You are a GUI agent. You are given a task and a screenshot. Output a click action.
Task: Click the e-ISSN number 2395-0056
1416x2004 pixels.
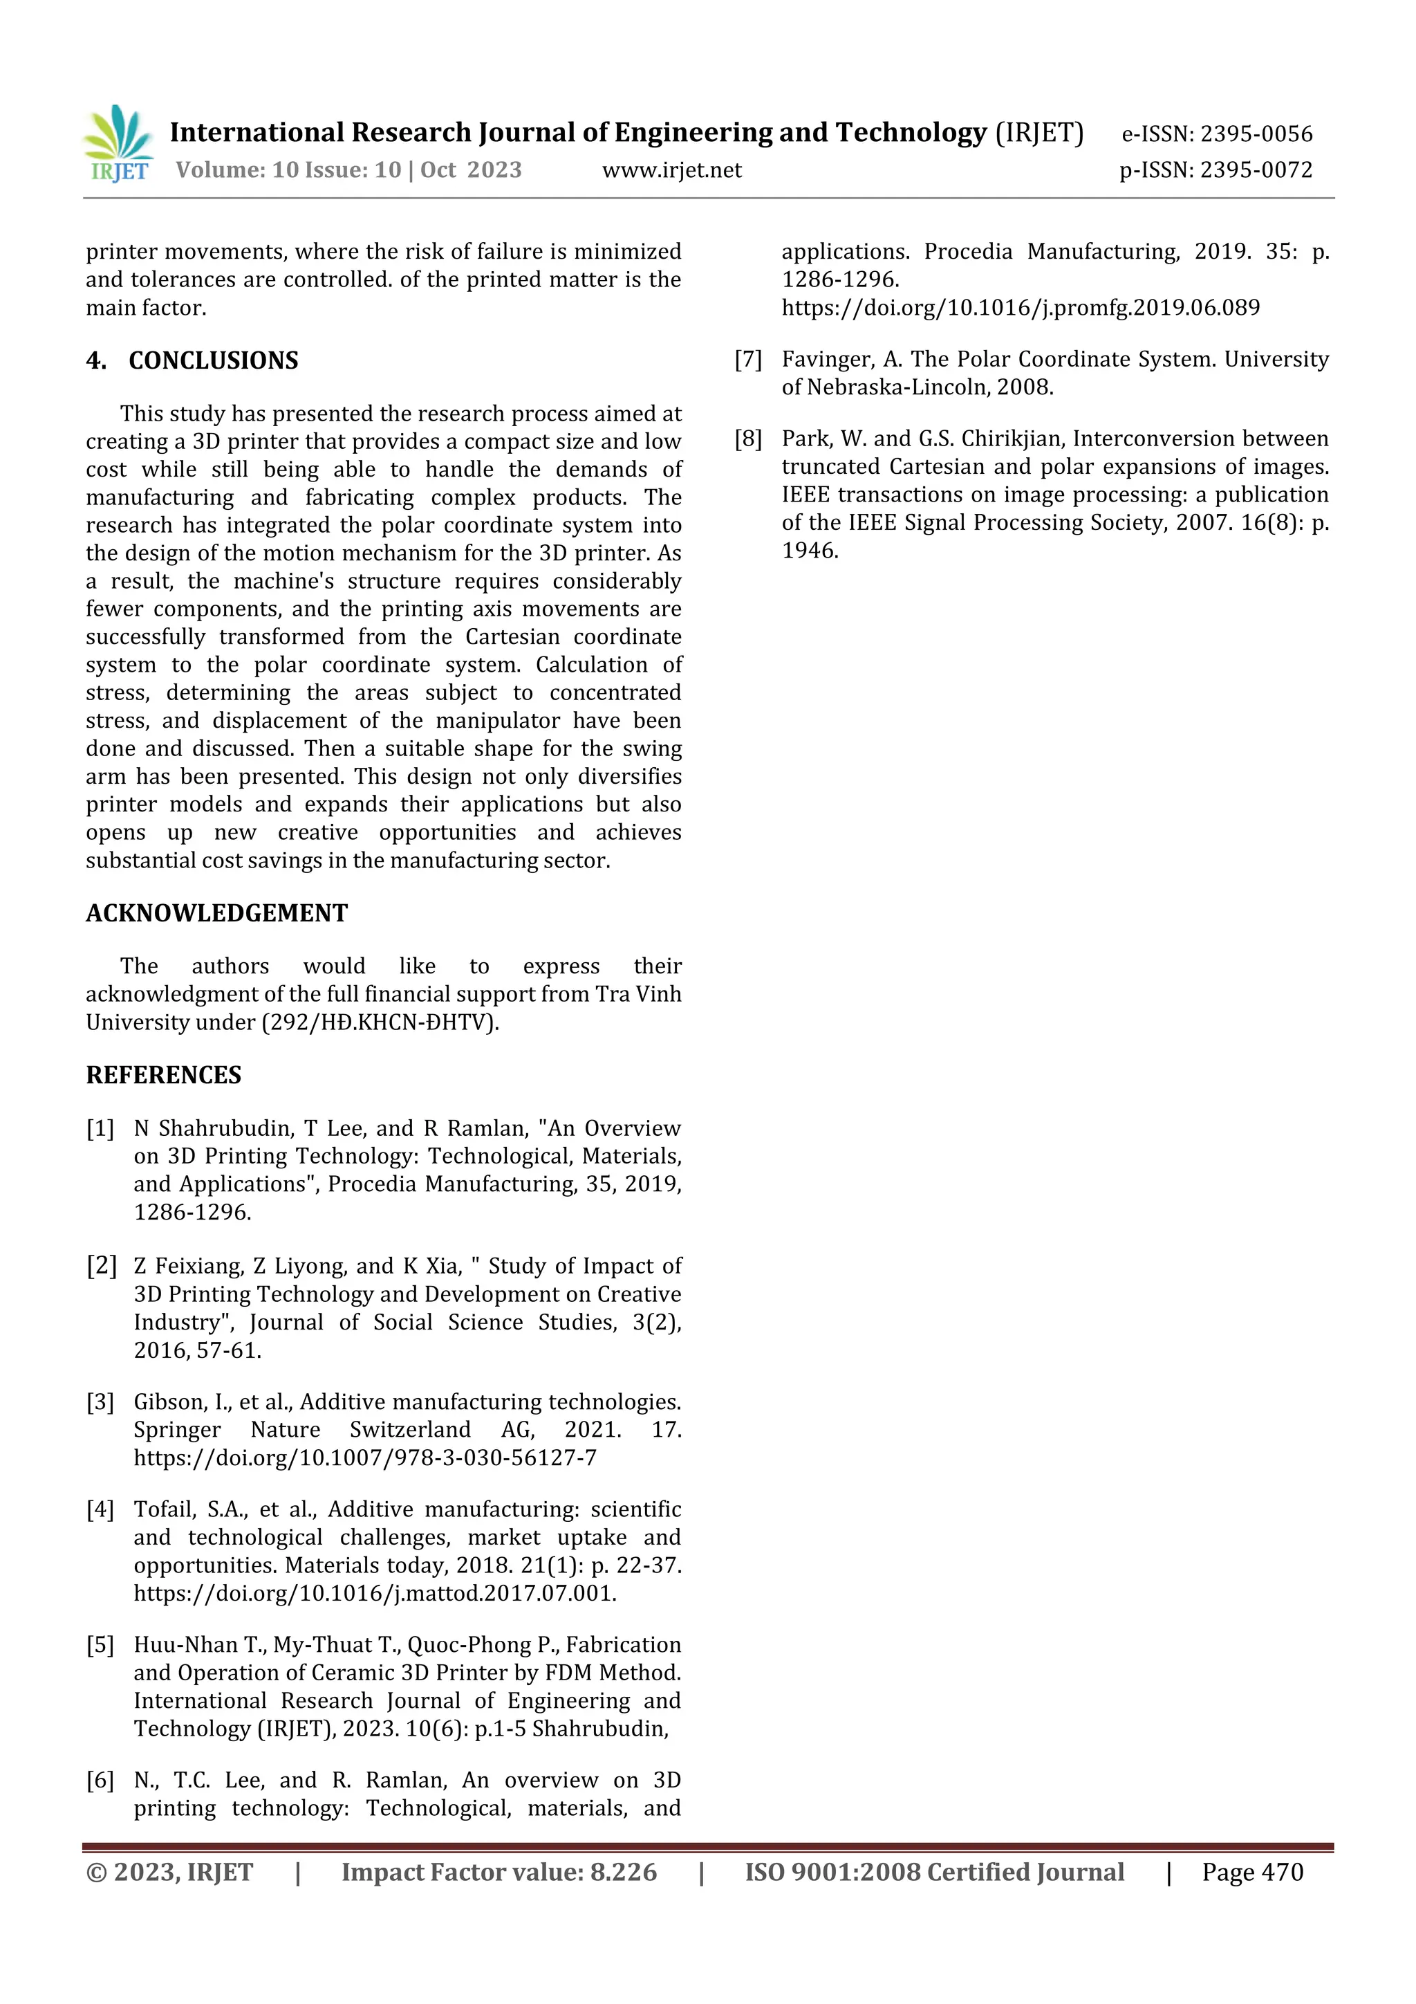point(1256,134)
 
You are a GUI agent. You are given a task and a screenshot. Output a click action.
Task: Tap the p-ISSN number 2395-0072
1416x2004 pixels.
point(1256,170)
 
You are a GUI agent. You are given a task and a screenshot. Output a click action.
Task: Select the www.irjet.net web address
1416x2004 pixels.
point(672,170)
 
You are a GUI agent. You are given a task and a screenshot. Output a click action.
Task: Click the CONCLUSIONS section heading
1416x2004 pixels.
point(213,360)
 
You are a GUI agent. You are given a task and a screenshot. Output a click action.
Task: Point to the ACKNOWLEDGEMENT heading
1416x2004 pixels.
point(216,913)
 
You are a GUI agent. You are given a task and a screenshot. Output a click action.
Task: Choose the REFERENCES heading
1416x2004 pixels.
point(163,1074)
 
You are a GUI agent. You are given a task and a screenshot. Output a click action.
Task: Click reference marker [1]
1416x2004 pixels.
point(100,1128)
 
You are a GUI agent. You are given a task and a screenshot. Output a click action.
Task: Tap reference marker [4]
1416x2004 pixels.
point(100,1509)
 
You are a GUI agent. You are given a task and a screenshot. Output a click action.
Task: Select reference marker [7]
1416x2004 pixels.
point(749,360)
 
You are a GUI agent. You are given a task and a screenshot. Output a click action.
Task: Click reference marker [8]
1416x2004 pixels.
point(749,439)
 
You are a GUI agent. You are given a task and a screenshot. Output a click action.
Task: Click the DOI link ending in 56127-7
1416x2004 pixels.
point(364,1458)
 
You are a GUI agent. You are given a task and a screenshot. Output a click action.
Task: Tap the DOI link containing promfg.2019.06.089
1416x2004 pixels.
point(1020,308)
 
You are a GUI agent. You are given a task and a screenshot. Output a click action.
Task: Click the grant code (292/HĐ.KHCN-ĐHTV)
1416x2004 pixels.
point(380,1022)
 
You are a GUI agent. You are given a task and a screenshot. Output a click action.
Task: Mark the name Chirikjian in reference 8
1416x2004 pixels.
point(1013,439)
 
